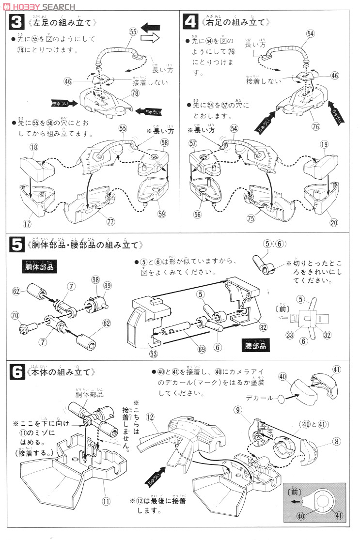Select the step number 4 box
[190, 22]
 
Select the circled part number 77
[111, 222]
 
